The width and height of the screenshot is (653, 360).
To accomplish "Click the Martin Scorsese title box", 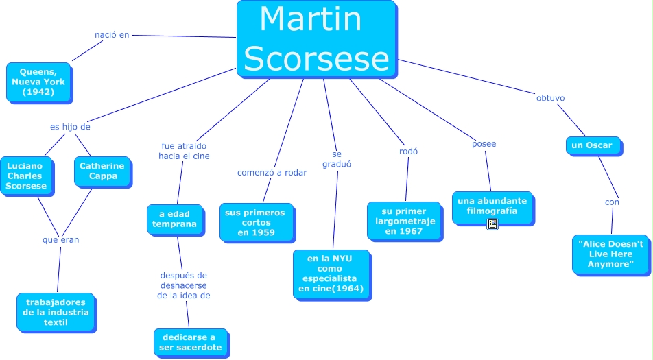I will coord(316,38).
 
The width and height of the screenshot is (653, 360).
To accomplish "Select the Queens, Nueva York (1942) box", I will coord(38,82).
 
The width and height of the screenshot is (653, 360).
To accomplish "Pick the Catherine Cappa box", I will coord(102,171).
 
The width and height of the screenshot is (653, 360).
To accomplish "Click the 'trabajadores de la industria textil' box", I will coord(56,312).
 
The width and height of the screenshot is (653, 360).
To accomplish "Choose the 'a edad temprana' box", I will coord(175,219).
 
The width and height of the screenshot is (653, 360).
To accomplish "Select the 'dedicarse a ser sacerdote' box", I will coord(189,342).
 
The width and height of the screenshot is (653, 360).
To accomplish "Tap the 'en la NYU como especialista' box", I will coord(332,274).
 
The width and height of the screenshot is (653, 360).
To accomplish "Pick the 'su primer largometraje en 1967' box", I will coord(404,221).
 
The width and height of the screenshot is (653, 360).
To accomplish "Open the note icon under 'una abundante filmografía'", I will coord(492,224).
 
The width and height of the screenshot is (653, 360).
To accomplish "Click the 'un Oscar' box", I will coord(593,145).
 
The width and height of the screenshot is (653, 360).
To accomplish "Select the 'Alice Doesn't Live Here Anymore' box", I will coord(610,254).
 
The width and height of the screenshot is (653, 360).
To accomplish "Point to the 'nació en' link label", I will coord(112,34).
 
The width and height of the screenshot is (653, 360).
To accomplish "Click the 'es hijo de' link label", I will coord(70,127).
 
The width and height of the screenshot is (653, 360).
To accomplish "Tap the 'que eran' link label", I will coord(60,240).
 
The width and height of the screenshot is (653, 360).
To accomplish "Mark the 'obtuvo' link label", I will coord(550,98).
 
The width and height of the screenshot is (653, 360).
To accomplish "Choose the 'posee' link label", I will coord(484,144).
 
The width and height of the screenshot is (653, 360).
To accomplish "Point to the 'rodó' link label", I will coord(408,152).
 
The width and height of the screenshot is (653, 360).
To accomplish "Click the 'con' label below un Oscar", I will coord(612,202).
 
